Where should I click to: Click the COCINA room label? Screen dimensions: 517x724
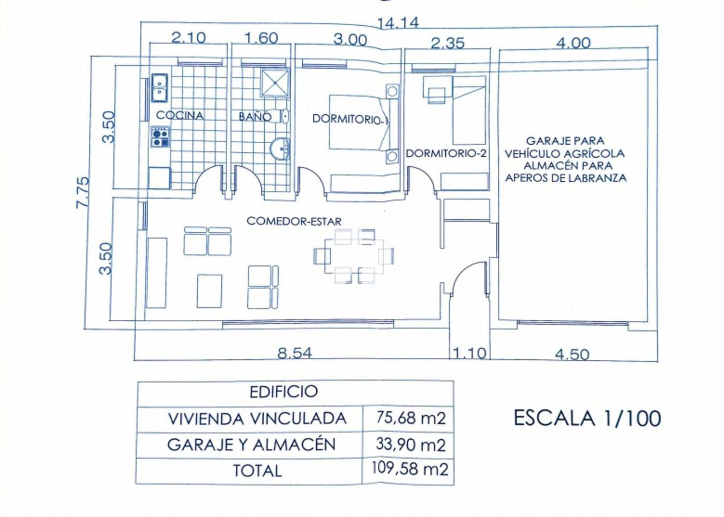(180, 115)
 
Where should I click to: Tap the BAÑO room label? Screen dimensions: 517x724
(255, 117)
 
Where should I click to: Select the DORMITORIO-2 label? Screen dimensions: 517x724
(446, 153)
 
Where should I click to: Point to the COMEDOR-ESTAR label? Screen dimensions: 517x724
(294, 221)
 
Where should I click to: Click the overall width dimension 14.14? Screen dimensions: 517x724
(398, 23)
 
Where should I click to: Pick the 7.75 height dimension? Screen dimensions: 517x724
(83, 192)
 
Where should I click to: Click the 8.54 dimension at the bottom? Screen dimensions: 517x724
(295, 352)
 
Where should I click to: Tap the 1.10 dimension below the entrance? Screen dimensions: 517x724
(469, 352)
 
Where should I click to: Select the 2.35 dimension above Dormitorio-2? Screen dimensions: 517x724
(447, 43)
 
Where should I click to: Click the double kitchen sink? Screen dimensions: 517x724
(159, 88)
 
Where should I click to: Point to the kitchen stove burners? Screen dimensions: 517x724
(160, 137)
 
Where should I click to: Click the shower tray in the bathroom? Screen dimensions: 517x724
(275, 83)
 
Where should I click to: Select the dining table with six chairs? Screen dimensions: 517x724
(353, 256)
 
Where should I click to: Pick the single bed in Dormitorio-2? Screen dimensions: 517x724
(469, 110)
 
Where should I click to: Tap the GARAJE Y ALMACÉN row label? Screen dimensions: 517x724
(252, 445)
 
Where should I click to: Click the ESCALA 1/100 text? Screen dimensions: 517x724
(587, 418)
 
